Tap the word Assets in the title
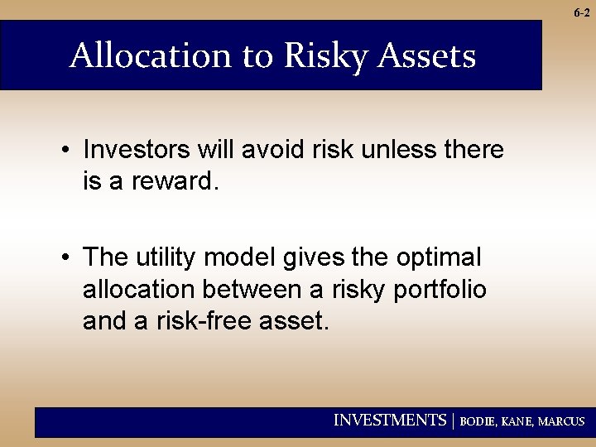[428, 56]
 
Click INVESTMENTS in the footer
[389, 421]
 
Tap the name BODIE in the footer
[479, 421]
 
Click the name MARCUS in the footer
[562, 421]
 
